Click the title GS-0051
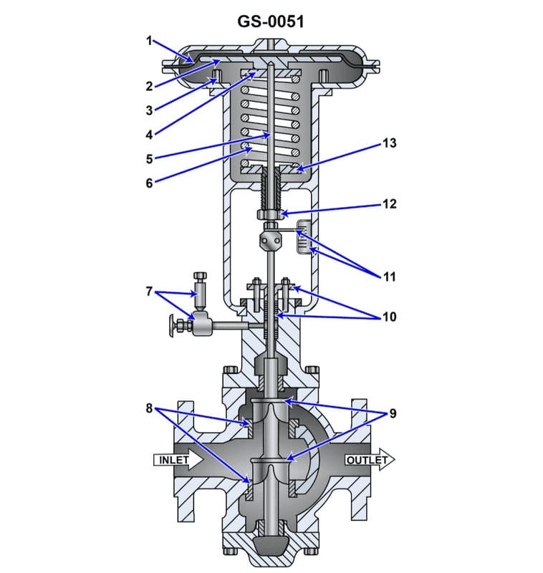pos(271,21)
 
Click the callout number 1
pos(150,41)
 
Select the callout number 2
pos(149,87)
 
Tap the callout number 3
pos(149,110)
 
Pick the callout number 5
pos(149,158)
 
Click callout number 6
pos(149,183)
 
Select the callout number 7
pos(149,292)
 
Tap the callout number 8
pos(149,408)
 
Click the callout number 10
pos(390,317)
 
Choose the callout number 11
pos(390,276)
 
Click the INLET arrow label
pos(175,459)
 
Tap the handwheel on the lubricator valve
pos(173,326)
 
